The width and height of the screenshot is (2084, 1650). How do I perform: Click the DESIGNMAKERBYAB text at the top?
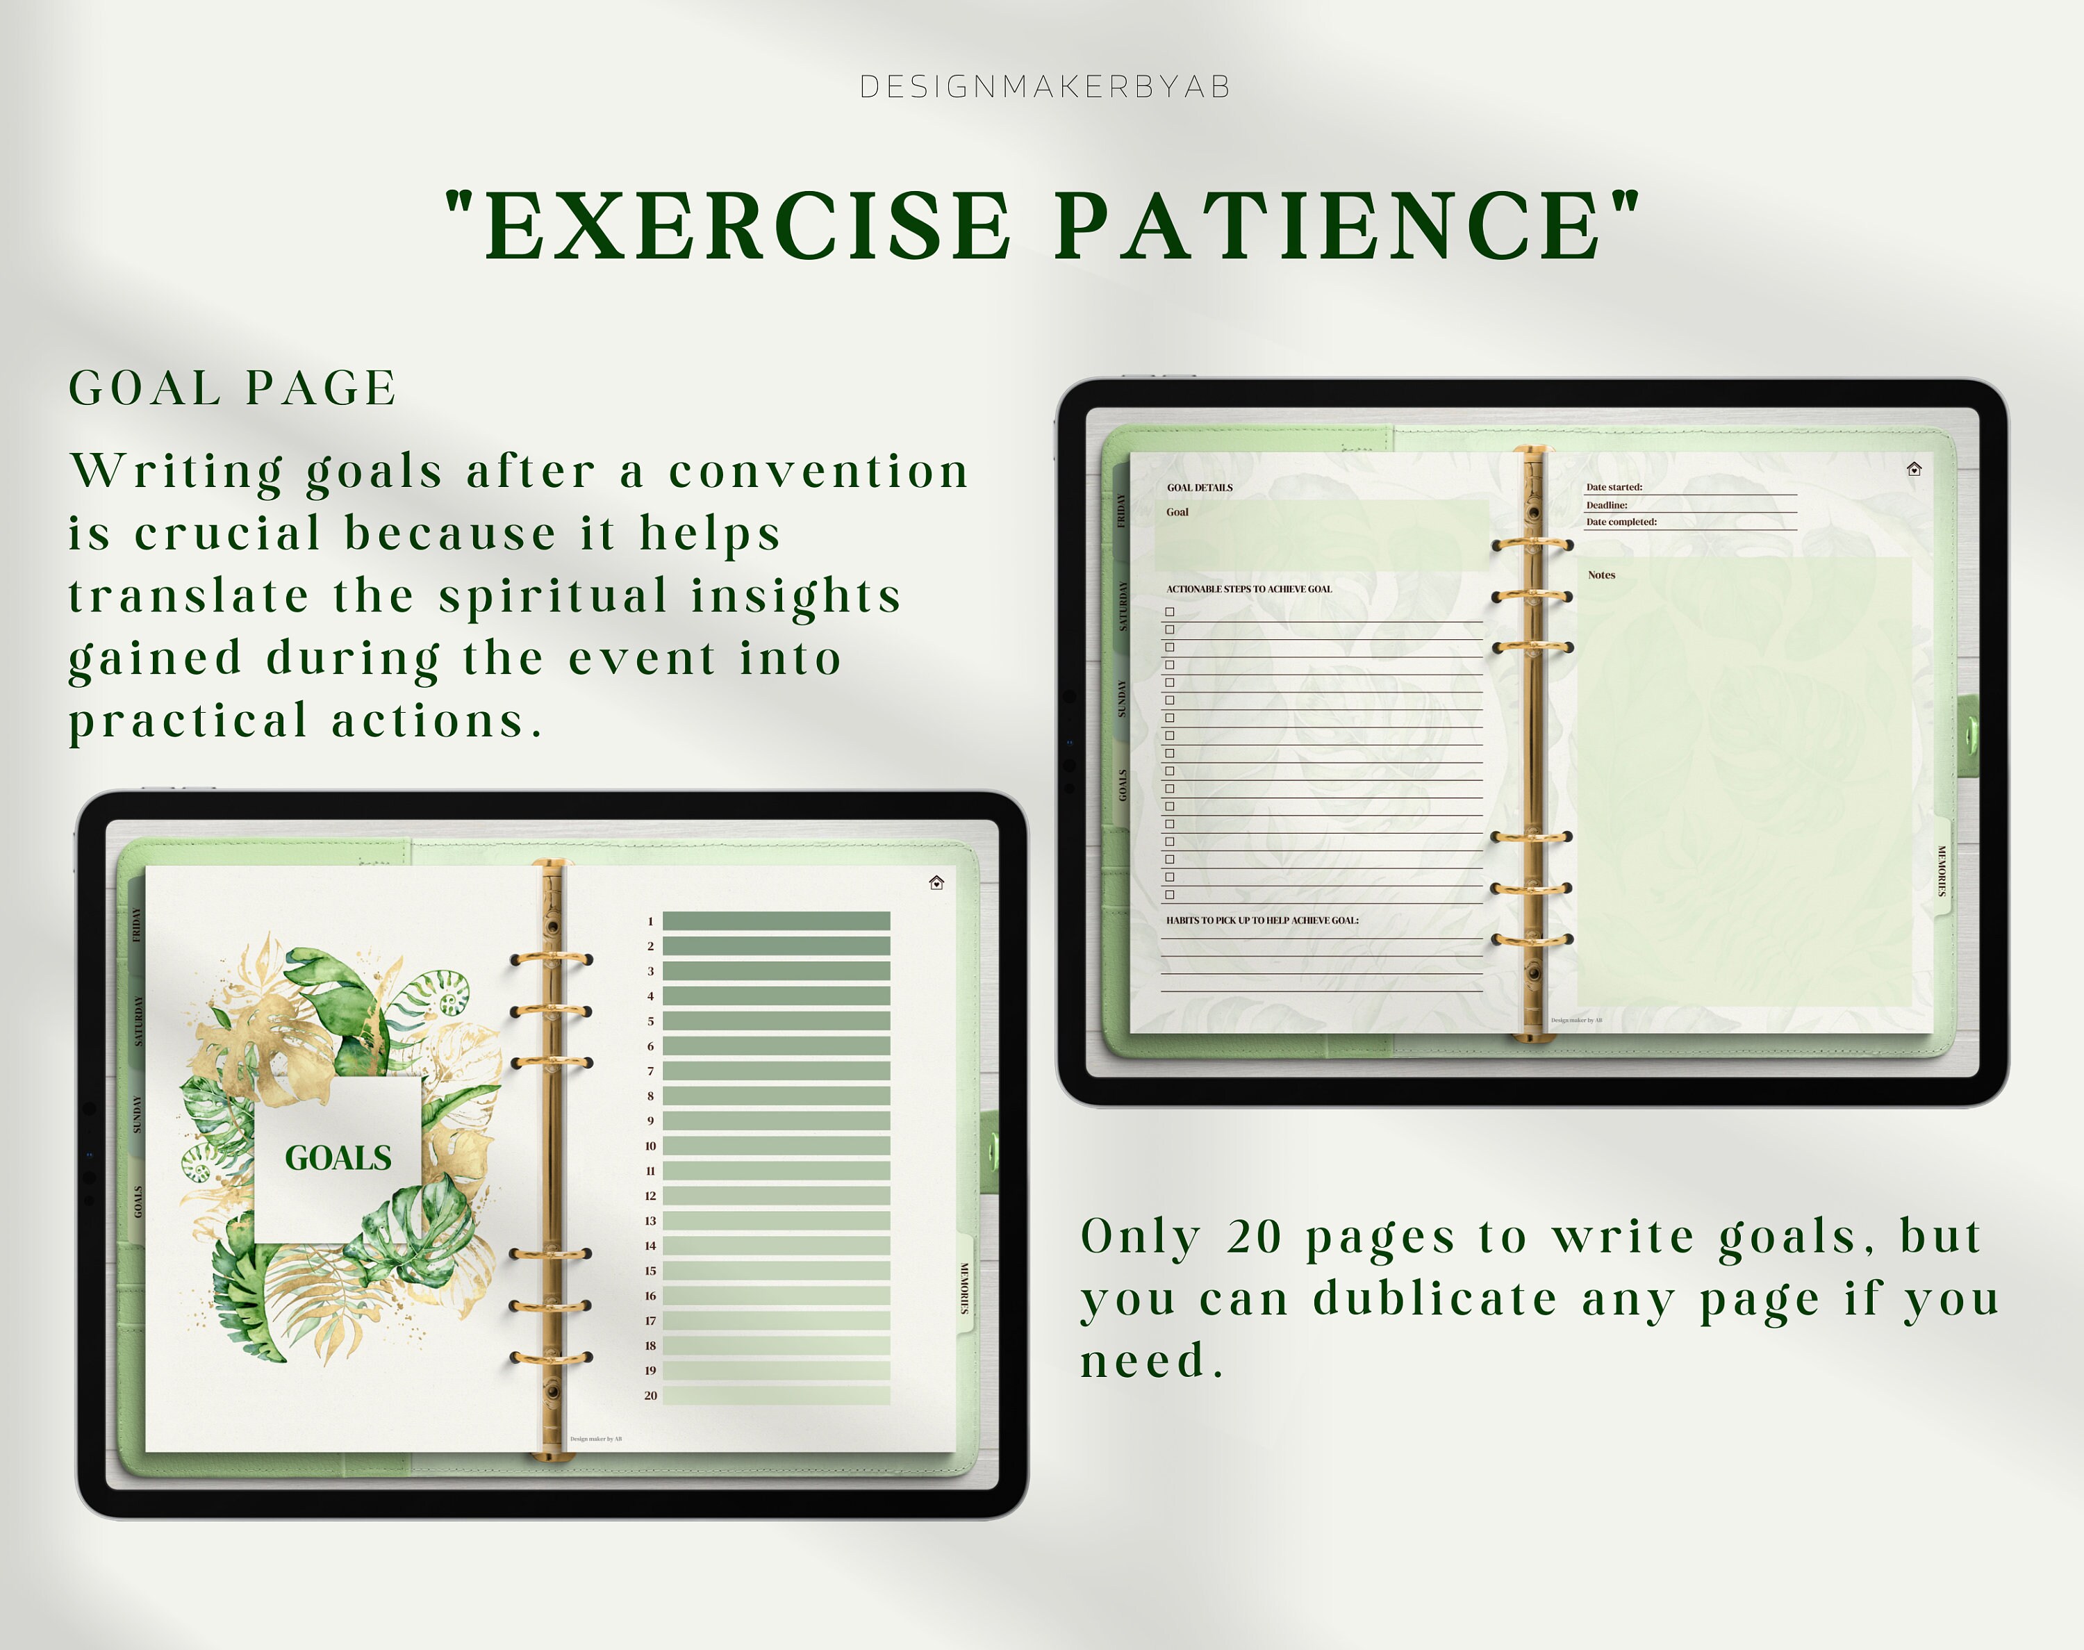click(1045, 87)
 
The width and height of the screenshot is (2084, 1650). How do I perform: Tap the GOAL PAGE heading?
click(233, 388)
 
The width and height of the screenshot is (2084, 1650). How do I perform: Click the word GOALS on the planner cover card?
click(338, 1157)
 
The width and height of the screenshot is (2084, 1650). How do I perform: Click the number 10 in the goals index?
click(650, 1146)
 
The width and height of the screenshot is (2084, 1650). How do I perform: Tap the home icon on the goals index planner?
click(936, 882)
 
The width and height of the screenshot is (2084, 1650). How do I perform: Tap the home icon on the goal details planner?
click(1914, 470)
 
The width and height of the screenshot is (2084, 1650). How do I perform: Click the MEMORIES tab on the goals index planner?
click(964, 1288)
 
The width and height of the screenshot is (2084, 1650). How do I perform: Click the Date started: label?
click(1614, 487)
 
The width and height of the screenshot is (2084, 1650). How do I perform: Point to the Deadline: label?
click(1607, 504)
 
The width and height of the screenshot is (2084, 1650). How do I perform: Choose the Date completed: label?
click(1621, 522)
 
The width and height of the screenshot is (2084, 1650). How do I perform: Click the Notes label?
click(1601, 575)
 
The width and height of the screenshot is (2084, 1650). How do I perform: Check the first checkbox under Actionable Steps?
click(1170, 611)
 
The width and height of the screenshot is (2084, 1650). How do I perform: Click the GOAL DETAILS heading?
click(1200, 488)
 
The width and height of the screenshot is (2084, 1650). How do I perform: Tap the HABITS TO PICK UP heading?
click(1262, 921)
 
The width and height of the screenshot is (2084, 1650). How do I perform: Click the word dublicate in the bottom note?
click(1434, 1298)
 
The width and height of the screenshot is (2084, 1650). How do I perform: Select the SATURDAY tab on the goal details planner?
click(1122, 606)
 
